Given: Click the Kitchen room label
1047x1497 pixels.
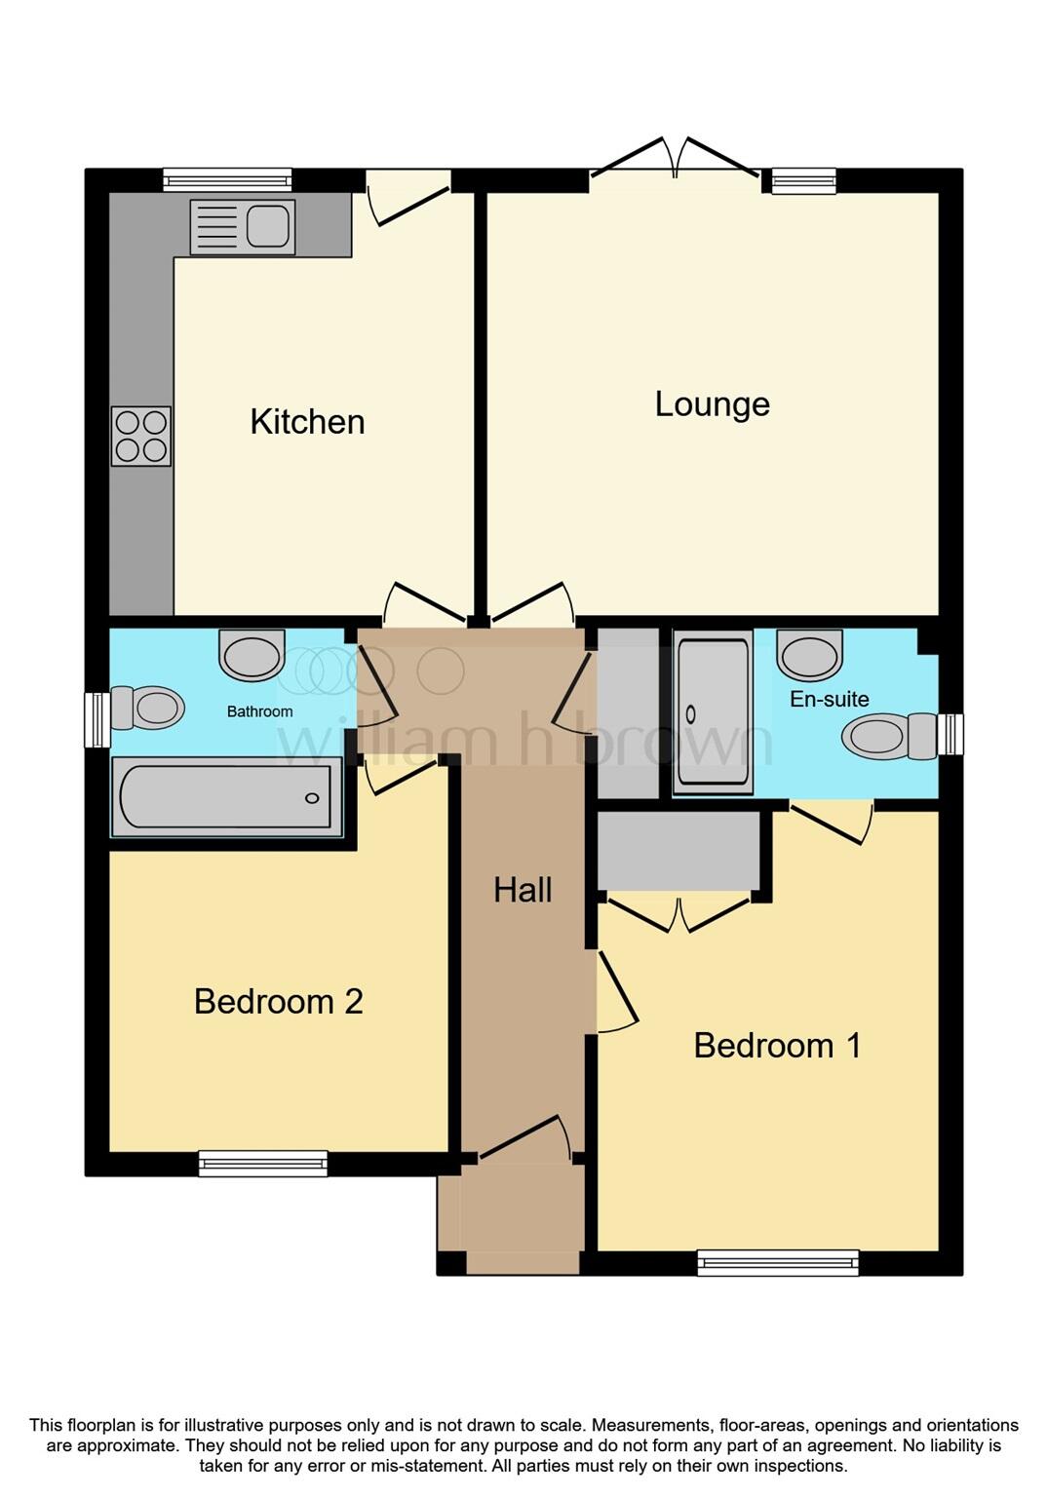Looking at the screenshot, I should click(307, 422).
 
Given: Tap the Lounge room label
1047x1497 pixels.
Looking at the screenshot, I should click(712, 404).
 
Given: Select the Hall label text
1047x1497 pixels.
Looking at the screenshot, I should click(523, 890).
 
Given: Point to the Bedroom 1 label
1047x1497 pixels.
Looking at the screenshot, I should click(777, 1046).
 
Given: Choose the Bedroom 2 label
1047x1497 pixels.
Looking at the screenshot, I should click(278, 1002).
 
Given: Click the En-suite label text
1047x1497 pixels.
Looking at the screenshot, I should click(829, 699).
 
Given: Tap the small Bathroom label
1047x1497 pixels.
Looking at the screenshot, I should click(259, 711).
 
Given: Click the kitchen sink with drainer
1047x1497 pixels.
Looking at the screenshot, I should click(242, 227).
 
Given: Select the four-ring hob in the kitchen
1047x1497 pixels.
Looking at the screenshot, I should click(141, 436).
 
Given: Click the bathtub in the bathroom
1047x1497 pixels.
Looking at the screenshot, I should click(226, 797).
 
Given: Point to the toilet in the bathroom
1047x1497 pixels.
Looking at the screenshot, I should click(147, 708).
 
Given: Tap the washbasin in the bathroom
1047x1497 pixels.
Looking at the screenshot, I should click(252, 655).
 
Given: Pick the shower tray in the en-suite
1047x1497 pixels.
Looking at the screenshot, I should click(713, 711).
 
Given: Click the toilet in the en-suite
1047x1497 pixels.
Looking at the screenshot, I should click(891, 736).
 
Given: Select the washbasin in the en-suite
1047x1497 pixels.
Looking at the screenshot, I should click(809, 654).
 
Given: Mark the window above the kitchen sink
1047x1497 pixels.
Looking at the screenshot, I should click(227, 179).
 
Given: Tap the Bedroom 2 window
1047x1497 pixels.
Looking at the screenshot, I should click(263, 1163).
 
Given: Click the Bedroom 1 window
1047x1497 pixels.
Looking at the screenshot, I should click(778, 1263).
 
